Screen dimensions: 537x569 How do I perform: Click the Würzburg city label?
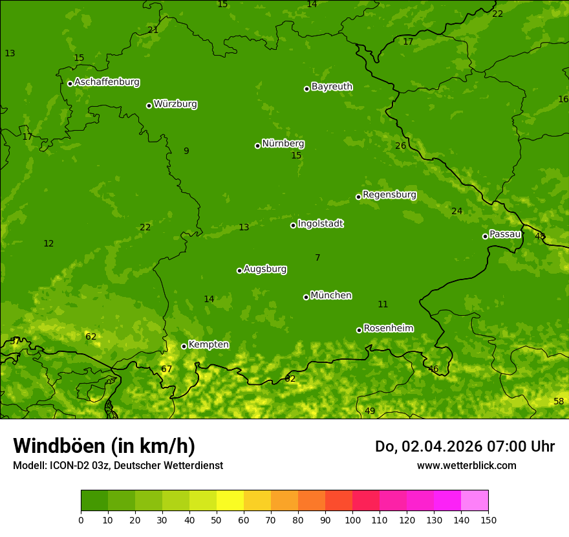[x=175, y=104]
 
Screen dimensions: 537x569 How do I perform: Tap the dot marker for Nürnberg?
[x=257, y=146]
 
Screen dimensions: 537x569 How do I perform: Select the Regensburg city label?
[x=389, y=195]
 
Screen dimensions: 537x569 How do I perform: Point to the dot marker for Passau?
[x=485, y=236]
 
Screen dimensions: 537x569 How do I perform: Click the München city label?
[x=331, y=296]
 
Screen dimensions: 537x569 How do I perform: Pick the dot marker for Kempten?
[x=184, y=346]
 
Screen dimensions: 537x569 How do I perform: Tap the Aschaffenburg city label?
[x=107, y=82]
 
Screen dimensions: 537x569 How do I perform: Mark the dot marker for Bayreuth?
[x=306, y=89]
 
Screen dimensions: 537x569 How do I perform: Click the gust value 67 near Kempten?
[x=167, y=369]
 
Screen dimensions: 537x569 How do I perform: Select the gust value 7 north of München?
[x=317, y=258]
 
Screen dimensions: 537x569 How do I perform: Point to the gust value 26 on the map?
[x=401, y=146]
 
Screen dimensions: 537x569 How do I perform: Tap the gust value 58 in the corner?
[x=559, y=402]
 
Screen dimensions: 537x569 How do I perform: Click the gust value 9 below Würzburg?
[x=186, y=151]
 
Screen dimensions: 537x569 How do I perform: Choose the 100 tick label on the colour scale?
[x=352, y=520]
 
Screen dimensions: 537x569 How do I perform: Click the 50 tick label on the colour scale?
[x=217, y=520]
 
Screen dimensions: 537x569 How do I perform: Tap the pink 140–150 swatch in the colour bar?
[x=475, y=501]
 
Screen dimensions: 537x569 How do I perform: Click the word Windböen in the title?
[x=59, y=446]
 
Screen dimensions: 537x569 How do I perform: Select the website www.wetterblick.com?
[x=466, y=466]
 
